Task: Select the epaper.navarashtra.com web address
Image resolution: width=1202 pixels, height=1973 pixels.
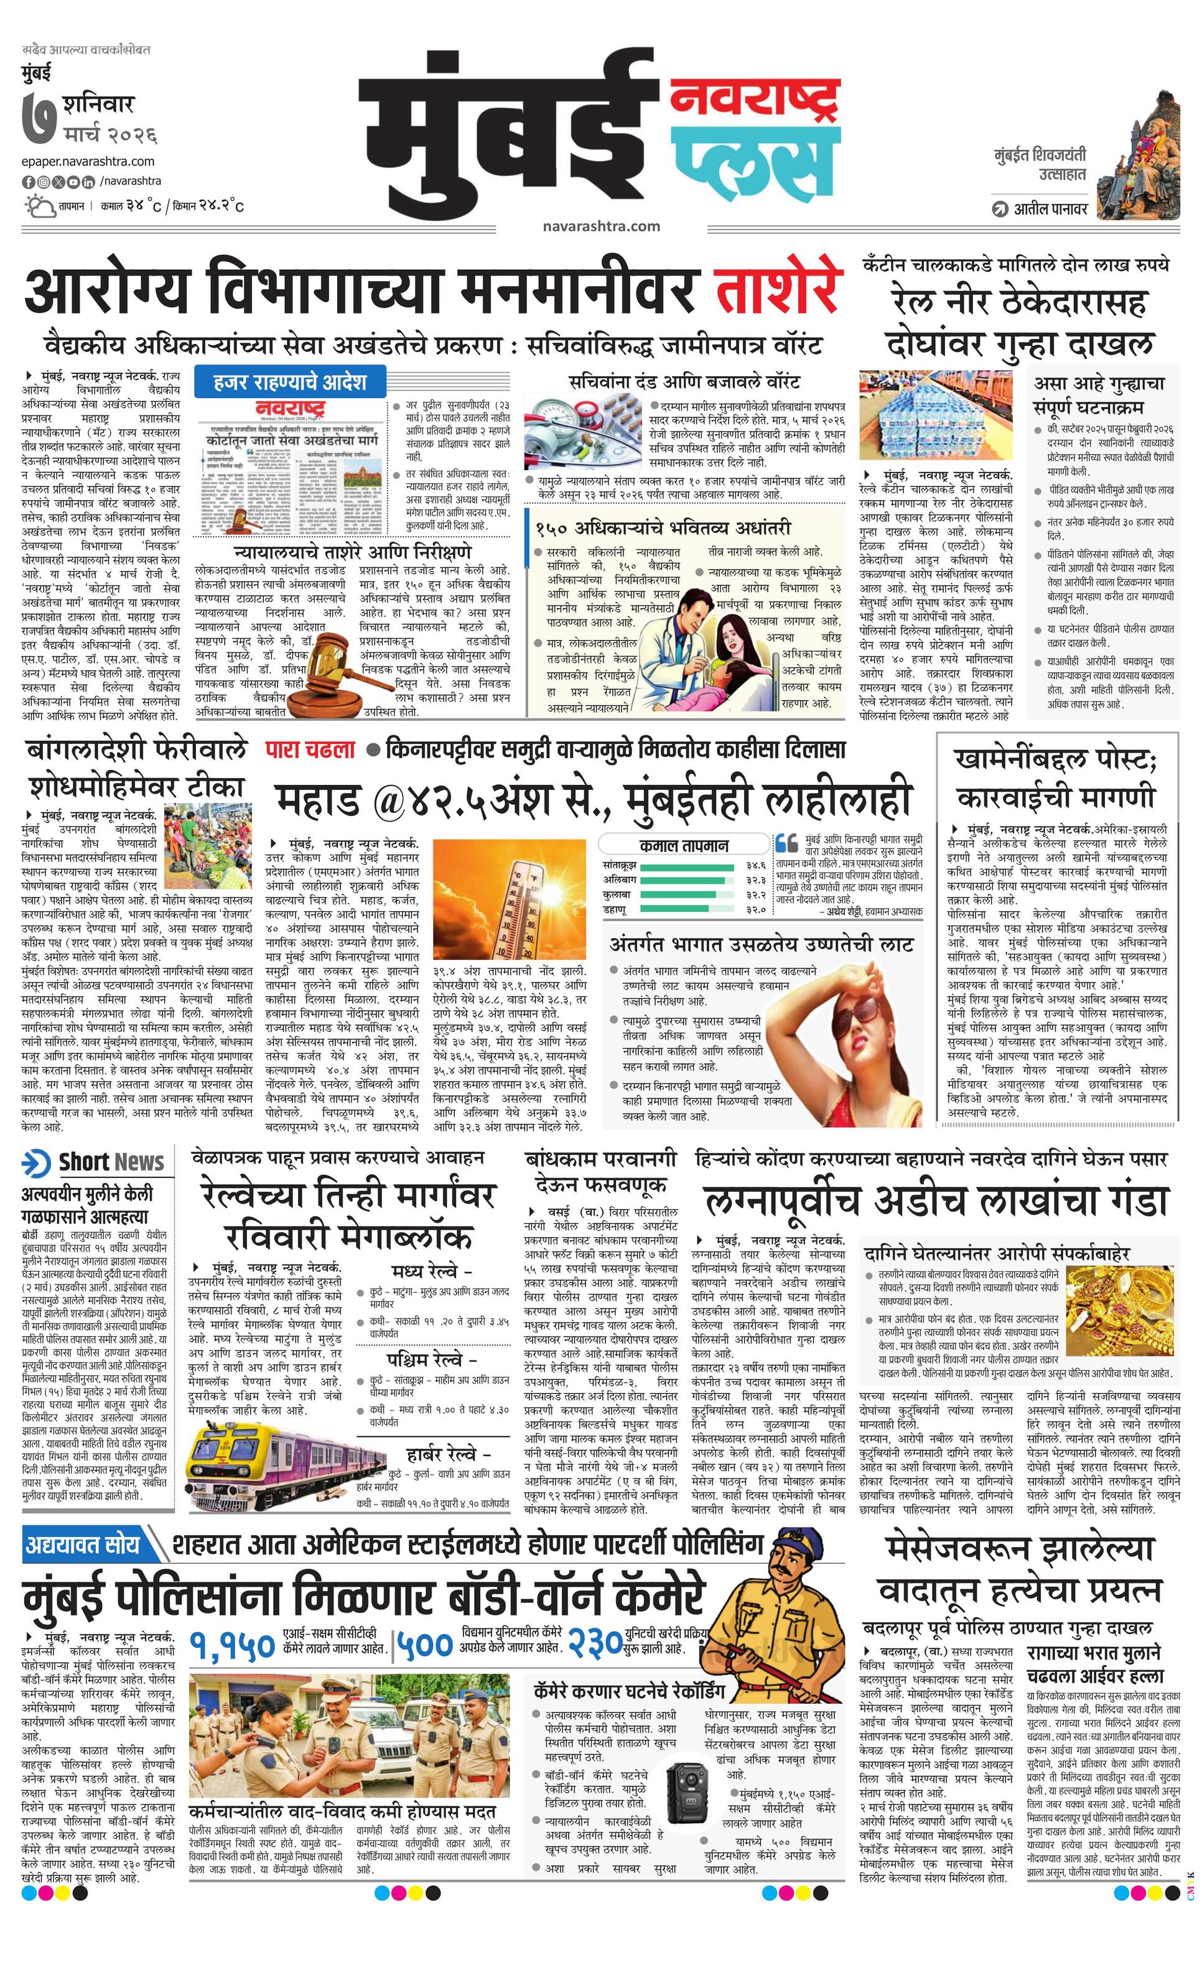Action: [88, 161]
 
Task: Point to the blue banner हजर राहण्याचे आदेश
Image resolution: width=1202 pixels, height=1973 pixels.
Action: [290, 381]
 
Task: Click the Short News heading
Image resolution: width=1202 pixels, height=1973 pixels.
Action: [111, 1162]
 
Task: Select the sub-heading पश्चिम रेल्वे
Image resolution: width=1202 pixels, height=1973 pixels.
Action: [432, 1360]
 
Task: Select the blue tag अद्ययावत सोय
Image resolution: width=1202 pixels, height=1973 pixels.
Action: [83, 1544]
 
